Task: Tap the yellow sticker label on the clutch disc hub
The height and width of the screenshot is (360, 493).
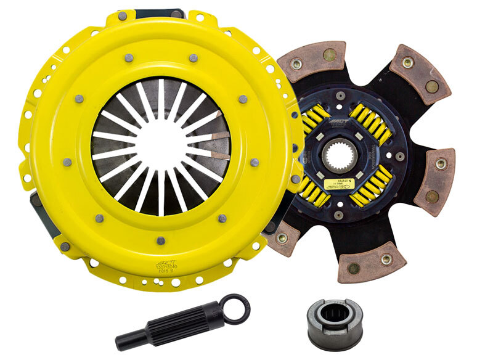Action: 341,183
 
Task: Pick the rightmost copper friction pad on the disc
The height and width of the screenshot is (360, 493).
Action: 436,181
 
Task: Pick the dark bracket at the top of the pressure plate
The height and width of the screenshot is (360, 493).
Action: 151,13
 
